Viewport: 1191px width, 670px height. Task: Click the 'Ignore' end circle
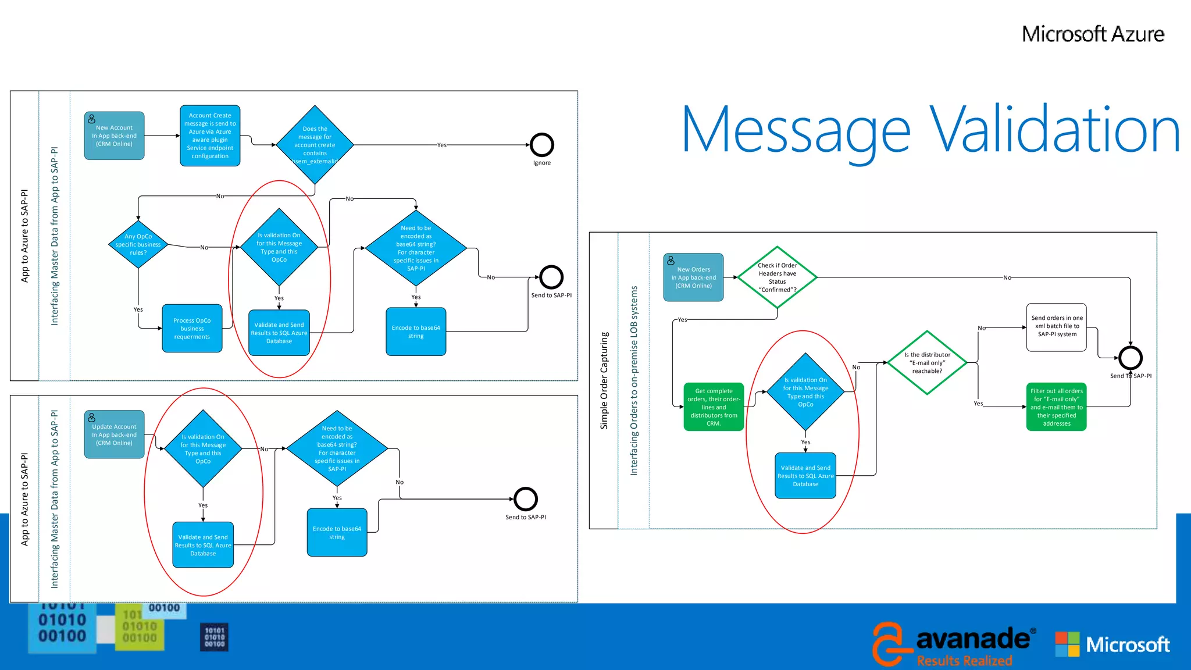tap(541, 145)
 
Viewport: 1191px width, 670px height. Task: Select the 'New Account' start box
tap(114, 136)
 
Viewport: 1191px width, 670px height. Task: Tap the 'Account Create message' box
tap(210, 136)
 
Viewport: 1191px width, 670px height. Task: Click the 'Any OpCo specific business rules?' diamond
tap(138, 244)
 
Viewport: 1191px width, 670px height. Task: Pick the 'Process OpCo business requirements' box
tap(192, 329)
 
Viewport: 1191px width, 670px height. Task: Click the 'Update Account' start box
tap(114, 434)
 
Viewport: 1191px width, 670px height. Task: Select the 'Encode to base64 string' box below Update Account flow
tap(337, 532)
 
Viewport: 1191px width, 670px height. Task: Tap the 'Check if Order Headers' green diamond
tap(777, 277)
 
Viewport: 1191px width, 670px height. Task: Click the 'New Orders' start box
tap(693, 277)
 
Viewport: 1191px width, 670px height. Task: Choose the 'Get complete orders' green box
tap(714, 407)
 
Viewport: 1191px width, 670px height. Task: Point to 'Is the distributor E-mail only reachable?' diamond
tap(927, 363)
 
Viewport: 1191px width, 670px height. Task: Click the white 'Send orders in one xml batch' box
tap(1057, 327)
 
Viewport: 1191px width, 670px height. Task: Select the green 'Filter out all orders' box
tap(1056, 407)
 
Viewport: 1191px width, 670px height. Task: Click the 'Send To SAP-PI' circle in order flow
tap(1130, 358)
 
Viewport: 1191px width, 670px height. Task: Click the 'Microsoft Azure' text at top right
tap(1093, 34)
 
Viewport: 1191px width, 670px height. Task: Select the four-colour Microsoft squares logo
tap(1067, 644)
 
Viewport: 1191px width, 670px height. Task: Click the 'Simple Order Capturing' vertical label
tap(604, 381)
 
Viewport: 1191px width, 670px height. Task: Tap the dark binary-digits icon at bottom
tap(215, 637)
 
